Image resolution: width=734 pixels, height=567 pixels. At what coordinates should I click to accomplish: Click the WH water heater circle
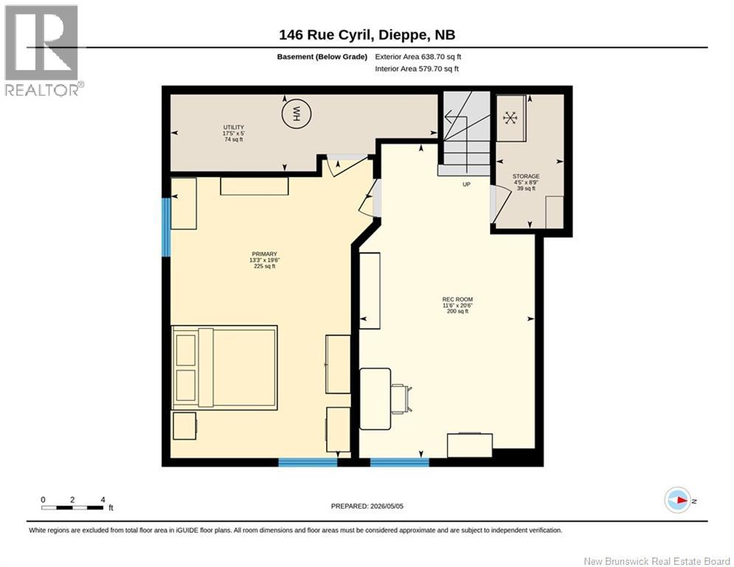tap(297, 114)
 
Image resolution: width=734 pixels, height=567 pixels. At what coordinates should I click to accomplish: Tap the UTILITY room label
tap(233, 128)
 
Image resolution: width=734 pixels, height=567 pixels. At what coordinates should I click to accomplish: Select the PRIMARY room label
tap(265, 254)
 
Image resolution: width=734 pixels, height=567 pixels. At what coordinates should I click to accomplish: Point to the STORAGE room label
tap(526, 176)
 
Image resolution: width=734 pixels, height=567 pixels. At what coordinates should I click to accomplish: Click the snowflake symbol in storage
tap(510, 117)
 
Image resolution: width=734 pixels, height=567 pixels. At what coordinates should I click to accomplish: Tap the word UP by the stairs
tap(466, 185)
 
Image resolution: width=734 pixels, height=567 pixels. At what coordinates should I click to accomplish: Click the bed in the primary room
tap(225, 368)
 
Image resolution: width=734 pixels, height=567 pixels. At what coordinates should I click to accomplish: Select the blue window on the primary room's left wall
tap(166, 227)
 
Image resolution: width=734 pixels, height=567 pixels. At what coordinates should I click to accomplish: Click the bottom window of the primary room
tap(308, 462)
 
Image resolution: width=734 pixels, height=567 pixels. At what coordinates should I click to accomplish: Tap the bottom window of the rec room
tap(400, 462)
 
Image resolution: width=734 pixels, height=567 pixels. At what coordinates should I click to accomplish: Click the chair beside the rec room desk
tap(402, 399)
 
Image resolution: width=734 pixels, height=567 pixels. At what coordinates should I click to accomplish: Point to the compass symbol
tap(678, 500)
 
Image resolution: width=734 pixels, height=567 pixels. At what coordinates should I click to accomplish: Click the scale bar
tap(72, 507)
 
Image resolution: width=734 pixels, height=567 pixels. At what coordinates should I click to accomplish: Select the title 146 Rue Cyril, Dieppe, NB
tap(367, 35)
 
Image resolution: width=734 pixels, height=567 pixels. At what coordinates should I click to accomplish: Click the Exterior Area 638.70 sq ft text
tap(418, 57)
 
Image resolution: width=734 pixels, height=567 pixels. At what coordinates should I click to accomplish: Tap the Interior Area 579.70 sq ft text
tap(417, 69)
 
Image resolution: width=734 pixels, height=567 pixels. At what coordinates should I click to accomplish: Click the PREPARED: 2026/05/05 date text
tap(367, 506)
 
